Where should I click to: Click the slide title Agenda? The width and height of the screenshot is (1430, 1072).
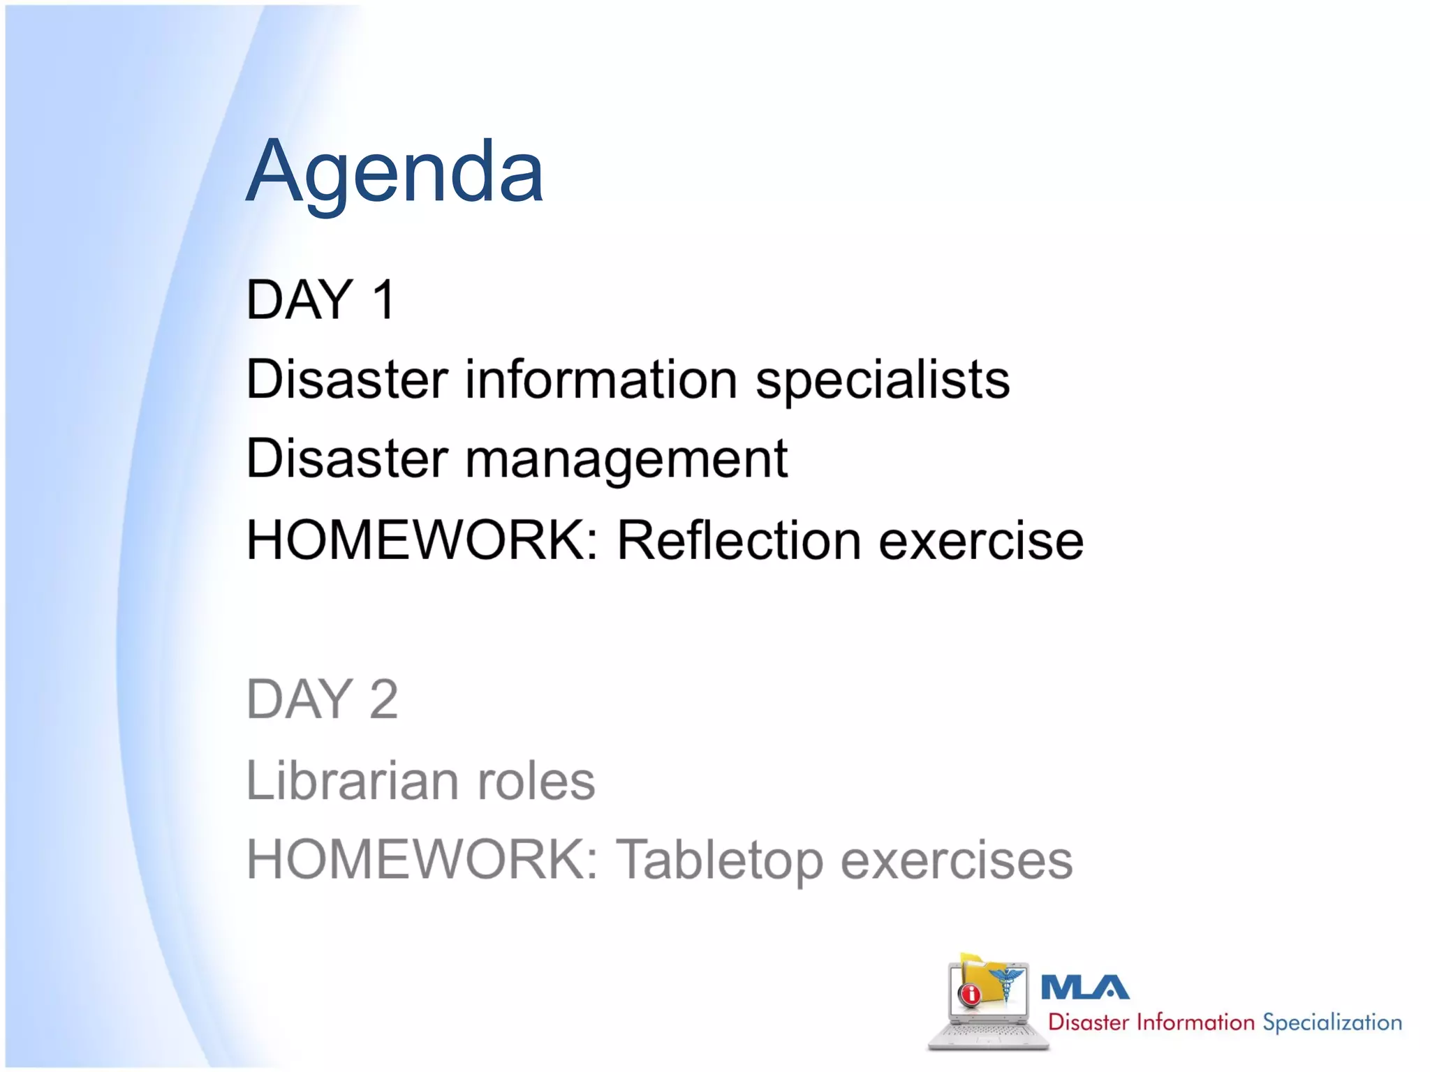pyautogui.click(x=395, y=172)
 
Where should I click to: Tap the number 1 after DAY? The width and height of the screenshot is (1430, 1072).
pyautogui.click(x=384, y=300)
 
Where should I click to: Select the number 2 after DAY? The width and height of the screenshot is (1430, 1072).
pyautogui.click(x=383, y=699)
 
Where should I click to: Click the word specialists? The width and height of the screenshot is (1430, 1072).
pyautogui.click(x=883, y=380)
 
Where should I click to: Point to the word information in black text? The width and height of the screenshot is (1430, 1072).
pyautogui.click(x=601, y=380)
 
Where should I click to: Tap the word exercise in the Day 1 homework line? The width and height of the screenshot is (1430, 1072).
pyautogui.click(x=980, y=541)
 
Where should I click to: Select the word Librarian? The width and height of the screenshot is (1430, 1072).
pyautogui.click(x=353, y=780)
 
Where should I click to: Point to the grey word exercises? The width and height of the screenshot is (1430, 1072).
pyautogui.click(x=956, y=860)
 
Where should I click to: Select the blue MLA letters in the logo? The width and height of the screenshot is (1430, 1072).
pyautogui.click(x=1084, y=988)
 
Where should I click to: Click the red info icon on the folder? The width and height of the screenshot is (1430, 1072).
pyautogui.click(x=969, y=994)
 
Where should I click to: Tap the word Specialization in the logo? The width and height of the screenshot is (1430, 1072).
pyautogui.click(x=1332, y=1023)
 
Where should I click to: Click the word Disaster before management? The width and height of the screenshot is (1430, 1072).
pyautogui.click(x=347, y=459)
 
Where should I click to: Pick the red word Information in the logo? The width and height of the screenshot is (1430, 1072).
pyautogui.click(x=1195, y=1023)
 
